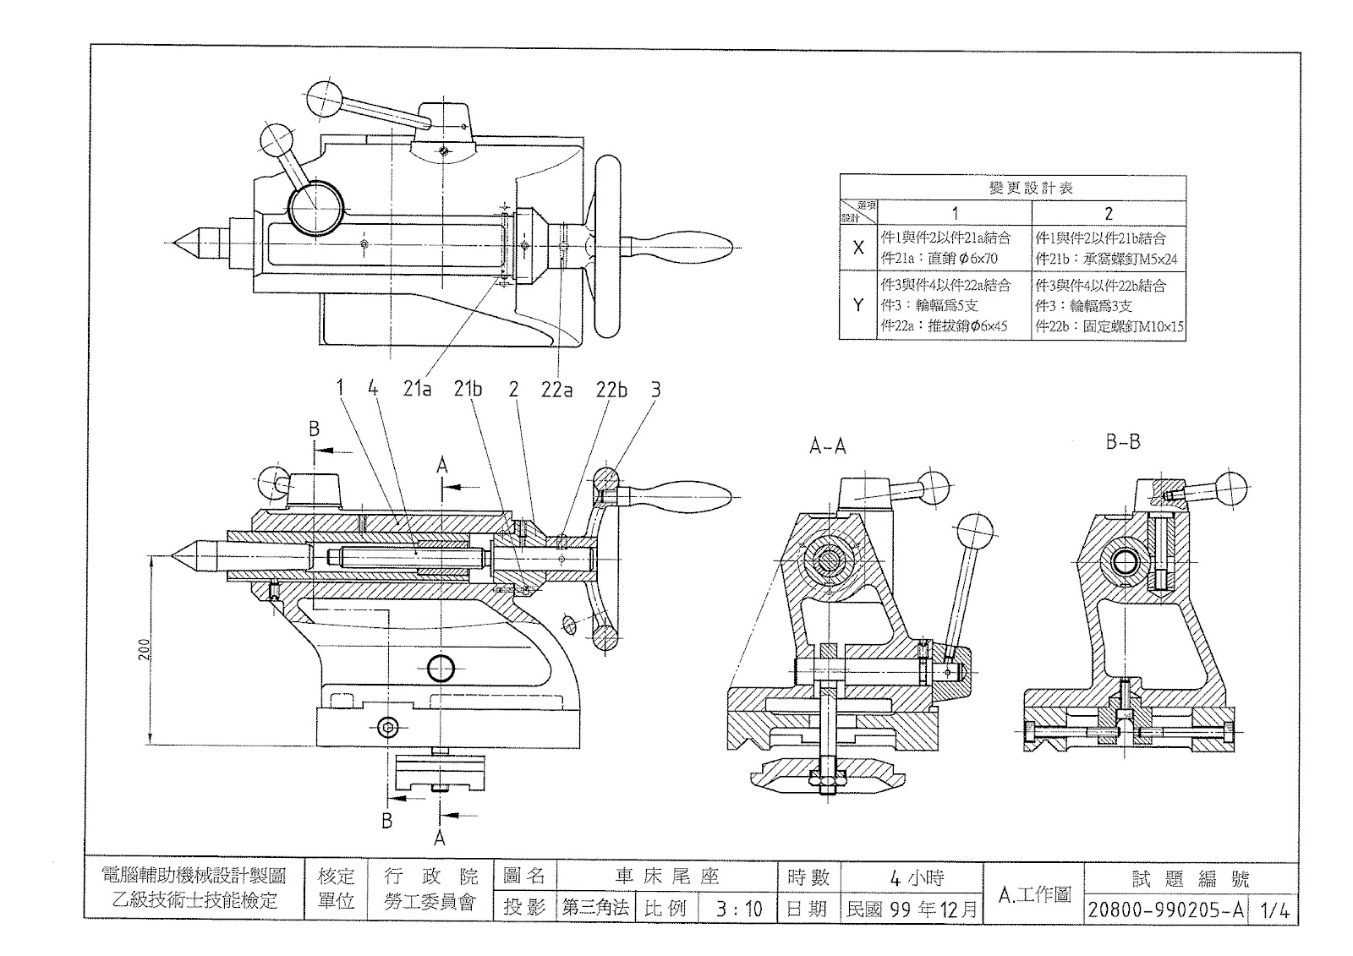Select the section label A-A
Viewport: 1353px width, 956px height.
pyautogui.click(x=827, y=446)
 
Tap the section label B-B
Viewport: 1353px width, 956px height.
pyautogui.click(x=1123, y=442)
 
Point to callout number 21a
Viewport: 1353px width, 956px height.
pyautogui.click(x=417, y=390)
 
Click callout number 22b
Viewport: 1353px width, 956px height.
pyautogui.click(x=611, y=390)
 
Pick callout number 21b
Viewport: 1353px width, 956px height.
pyautogui.click(x=468, y=390)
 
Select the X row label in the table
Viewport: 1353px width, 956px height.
pyautogui.click(x=858, y=248)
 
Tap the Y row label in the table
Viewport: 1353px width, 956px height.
pyautogui.click(x=858, y=305)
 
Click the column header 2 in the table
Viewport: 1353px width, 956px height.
pyautogui.click(x=1108, y=213)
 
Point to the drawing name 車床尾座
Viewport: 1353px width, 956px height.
pyautogui.click(x=666, y=877)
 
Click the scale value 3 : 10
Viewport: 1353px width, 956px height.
pyautogui.click(x=738, y=909)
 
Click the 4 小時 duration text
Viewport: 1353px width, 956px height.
pyautogui.click(x=916, y=877)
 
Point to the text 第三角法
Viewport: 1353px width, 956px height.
pyautogui.click(x=596, y=908)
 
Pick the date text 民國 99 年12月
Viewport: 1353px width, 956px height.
pyautogui.click(x=912, y=909)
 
